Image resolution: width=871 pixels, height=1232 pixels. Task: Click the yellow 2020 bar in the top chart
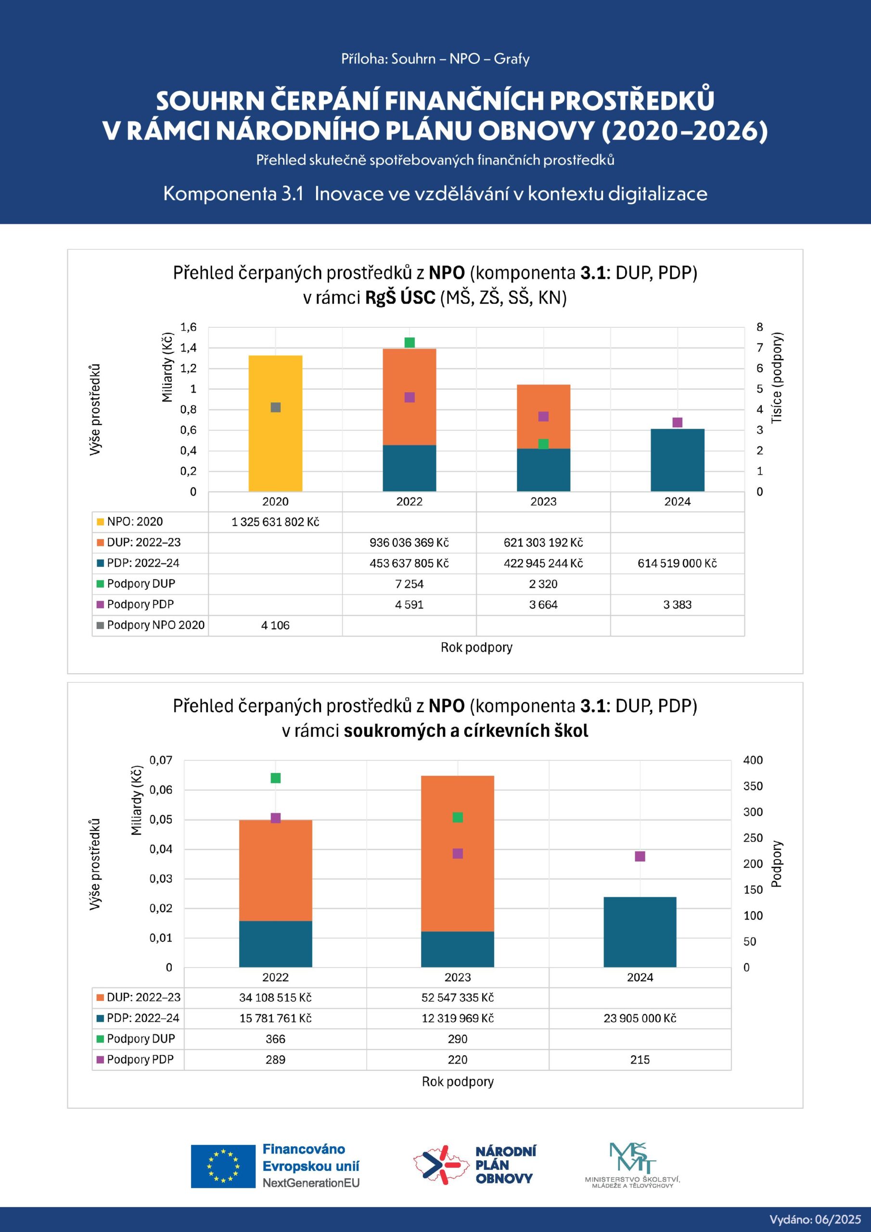(275, 423)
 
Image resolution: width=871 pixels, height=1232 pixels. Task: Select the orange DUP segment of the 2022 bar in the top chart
(410, 397)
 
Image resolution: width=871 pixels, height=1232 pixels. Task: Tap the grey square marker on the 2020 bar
(276, 407)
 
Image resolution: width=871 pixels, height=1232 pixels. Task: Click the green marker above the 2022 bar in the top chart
(410, 342)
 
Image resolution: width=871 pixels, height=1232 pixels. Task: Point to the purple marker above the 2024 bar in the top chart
(677, 422)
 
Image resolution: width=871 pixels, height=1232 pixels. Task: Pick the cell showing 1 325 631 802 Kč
(275, 522)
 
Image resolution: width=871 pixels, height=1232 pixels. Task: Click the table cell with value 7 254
(410, 584)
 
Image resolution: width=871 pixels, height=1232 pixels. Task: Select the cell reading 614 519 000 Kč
(677, 564)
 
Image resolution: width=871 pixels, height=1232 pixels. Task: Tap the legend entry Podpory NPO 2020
(151, 625)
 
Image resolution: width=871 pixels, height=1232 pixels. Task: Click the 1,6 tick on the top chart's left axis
(188, 327)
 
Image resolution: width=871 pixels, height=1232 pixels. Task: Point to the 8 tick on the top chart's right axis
(759, 327)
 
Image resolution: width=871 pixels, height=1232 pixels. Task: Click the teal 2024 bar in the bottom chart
(640, 932)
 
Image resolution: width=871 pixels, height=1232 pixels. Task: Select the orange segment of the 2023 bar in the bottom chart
(458, 854)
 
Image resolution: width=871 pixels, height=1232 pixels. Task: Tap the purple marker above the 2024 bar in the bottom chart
(640, 857)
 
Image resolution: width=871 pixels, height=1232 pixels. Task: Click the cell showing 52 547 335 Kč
(458, 998)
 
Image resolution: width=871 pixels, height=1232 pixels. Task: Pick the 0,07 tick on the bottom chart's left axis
(161, 760)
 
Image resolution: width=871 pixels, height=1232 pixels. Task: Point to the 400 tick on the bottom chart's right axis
(753, 760)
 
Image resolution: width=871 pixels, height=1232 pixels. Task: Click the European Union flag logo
(223, 1167)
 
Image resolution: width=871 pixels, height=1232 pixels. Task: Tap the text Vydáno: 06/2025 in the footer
(815, 1219)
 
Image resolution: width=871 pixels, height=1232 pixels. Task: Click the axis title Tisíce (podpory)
(777, 378)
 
